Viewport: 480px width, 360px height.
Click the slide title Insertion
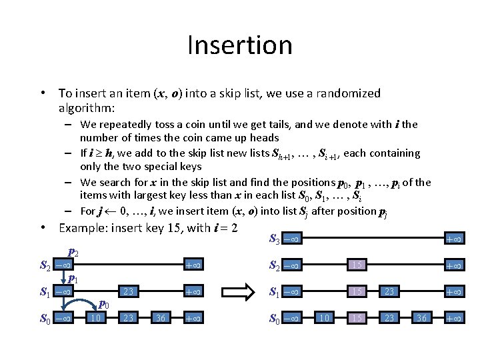click(240, 45)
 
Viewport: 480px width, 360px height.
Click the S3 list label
click(273, 238)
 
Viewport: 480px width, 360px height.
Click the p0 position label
click(104, 304)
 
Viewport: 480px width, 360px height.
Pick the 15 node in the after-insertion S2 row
click(357, 265)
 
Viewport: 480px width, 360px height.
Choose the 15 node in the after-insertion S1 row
click(357, 292)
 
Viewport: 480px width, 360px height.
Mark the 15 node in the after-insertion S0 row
click(357, 318)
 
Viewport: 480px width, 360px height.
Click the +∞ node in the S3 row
click(454, 239)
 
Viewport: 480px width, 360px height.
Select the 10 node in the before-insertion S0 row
click(95, 318)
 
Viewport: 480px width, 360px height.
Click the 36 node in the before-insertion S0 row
click(160, 318)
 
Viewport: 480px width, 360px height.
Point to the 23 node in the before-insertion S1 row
click(128, 292)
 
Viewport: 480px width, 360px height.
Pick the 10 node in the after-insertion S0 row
click(325, 318)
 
